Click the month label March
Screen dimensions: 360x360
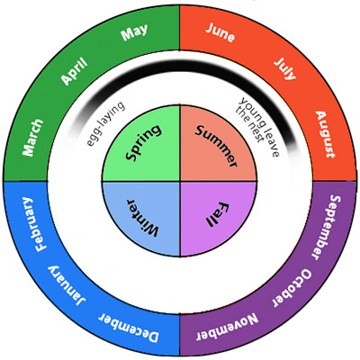(x=33, y=138)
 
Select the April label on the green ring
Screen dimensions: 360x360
(x=74, y=70)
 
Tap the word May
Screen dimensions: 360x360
(x=134, y=32)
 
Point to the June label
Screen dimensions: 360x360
(x=220, y=32)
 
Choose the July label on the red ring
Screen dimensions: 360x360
(x=285, y=68)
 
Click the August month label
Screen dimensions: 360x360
(x=325, y=134)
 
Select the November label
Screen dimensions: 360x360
(x=227, y=327)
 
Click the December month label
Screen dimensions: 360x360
(x=128, y=328)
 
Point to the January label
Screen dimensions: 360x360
(x=67, y=286)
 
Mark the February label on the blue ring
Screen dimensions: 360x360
(x=32, y=224)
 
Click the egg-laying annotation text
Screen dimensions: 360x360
(x=105, y=123)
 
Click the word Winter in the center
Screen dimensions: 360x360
(x=141, y=218)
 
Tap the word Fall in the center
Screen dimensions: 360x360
(x=217, y=214)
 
